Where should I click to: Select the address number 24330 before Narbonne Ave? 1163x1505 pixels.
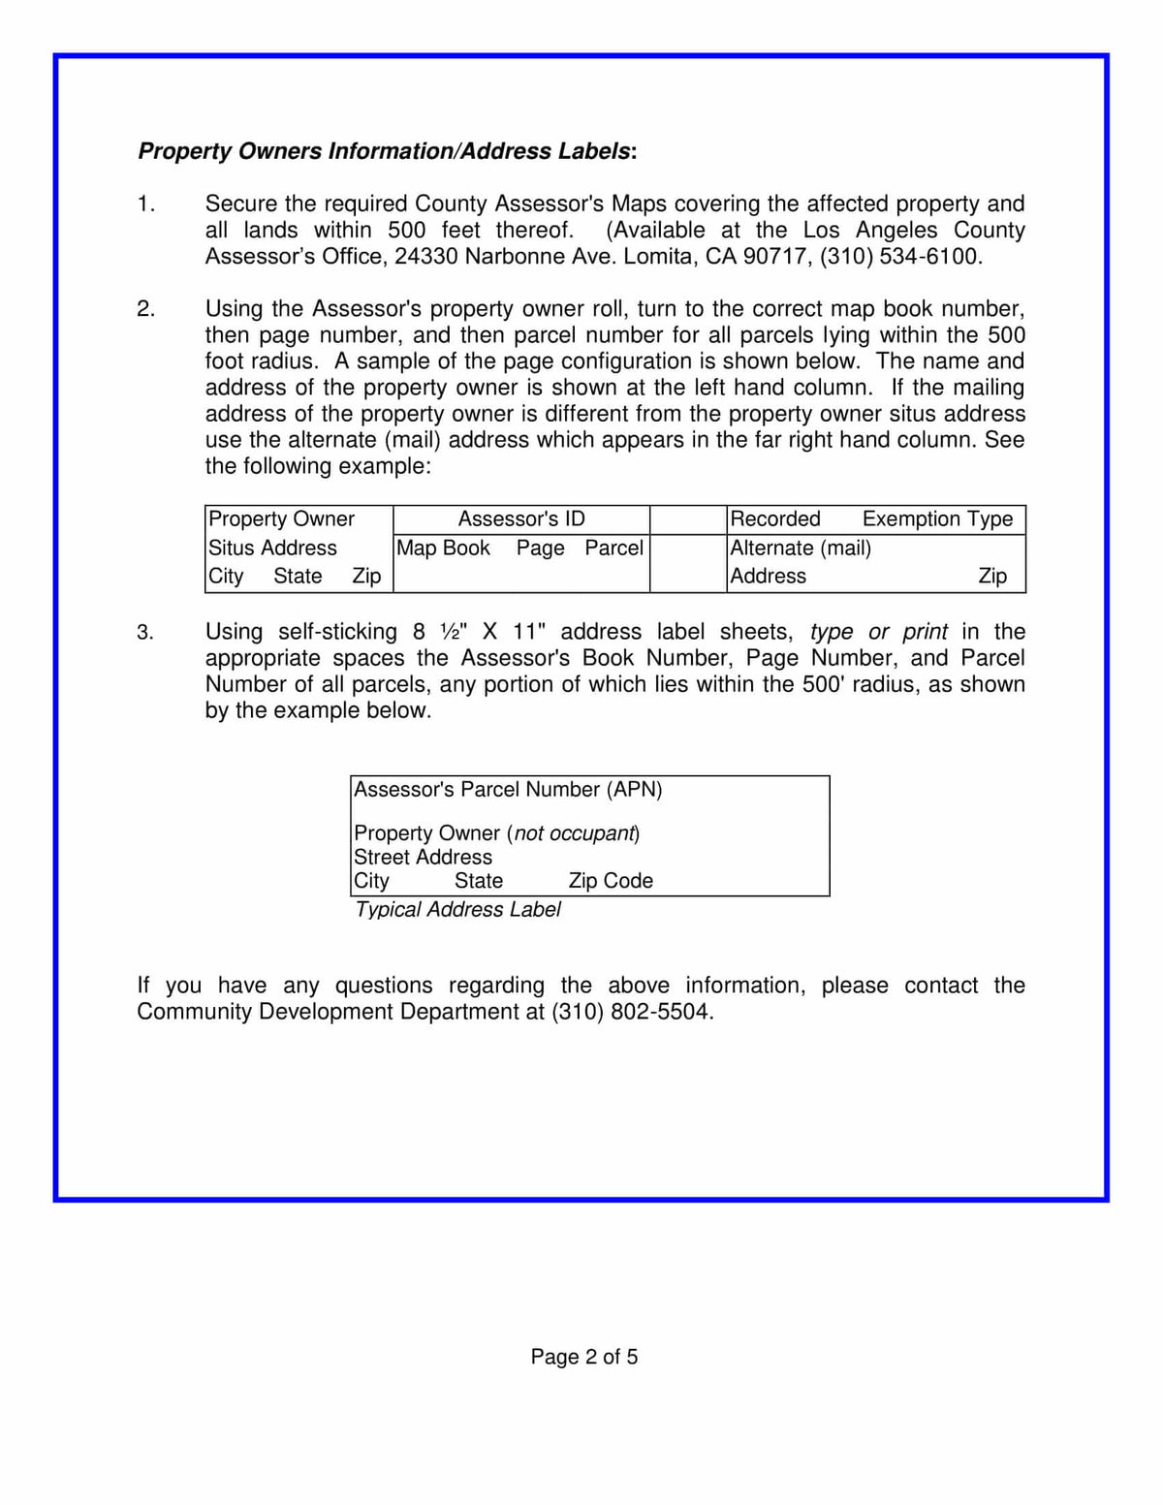pyautogui.click(x=426, y=257)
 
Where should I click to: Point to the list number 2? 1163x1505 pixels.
pyautogui.click(x=145, y=309)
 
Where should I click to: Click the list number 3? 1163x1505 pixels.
pyautogui.click(x=145, y=633)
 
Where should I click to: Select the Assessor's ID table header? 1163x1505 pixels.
pyautogui.click(x=521, y=519)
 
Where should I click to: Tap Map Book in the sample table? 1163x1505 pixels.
pyautogui.click(x=443, y=549)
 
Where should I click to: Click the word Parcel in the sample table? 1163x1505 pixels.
pyautogui.click(x=613, y=549)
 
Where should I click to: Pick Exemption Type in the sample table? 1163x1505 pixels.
pyautogui.click(x=937, y=519)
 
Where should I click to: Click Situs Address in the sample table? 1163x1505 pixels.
pyautogui.click(x=272, y=549)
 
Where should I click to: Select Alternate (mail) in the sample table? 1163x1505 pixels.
pyautogui.click(x=801, y=549)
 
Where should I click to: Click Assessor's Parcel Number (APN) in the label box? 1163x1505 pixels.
pyautogui.click(x=508, y=790)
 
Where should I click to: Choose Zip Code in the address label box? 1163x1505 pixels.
pyautogui.click(x=611, y=881)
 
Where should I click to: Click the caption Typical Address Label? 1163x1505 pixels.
pyautogui.click(x=457, y=910)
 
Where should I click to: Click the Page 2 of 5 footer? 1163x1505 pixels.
pyautogui.click(x=583, y=1357)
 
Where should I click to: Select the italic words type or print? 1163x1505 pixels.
pyautogui.click(x=878, y=632)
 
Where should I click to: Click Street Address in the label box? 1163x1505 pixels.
pyautogui.click(x=423, y=858)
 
